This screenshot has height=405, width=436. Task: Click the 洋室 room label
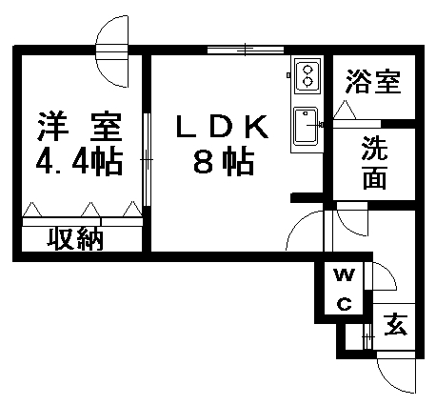click(80, 127)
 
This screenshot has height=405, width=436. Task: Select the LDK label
click(223, 127)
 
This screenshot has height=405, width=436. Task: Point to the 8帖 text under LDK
click(224, 162)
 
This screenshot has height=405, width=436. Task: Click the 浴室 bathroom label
click(373, 81)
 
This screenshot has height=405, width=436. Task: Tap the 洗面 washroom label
click(375, 163)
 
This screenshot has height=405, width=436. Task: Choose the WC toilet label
click(345, 289)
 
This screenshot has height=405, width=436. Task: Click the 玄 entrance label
click(395, 324)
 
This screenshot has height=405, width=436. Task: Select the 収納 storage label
click(75, 238)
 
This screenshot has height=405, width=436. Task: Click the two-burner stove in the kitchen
click(307, 75)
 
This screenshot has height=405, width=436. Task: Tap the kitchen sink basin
click(306, 126)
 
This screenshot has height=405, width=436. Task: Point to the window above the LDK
click(246, 50)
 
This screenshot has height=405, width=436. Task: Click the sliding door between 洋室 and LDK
click(147, 159)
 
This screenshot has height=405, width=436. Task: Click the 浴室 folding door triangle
click(345, 110)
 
